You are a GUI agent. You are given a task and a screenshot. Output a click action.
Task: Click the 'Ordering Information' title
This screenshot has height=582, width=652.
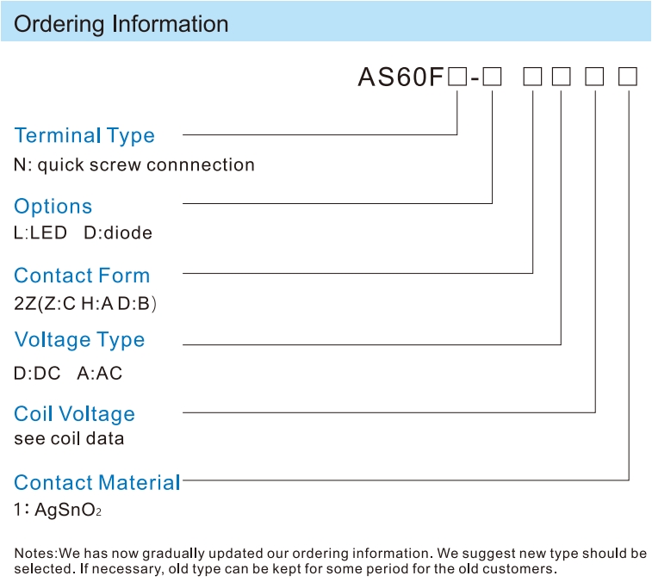[121, 24]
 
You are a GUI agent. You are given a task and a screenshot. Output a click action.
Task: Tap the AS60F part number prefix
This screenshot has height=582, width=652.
[401, 77]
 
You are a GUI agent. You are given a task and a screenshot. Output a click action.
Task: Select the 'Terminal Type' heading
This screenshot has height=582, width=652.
[84, 136]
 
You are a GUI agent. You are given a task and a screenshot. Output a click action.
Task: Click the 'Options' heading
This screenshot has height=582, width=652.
[53, 207]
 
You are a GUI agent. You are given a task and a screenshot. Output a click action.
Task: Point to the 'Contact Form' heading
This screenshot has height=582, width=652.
[82, 276]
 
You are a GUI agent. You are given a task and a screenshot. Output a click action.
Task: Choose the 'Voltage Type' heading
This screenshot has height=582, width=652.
[79, 340]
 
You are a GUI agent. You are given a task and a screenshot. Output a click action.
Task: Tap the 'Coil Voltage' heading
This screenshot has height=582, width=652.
[74, 414]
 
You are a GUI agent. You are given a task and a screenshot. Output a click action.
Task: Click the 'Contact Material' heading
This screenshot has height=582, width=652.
[97, 483]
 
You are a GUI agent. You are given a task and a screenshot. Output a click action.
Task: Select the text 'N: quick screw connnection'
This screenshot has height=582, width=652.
[134, 165]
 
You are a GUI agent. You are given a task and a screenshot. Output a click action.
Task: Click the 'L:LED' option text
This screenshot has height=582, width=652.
[40, 232]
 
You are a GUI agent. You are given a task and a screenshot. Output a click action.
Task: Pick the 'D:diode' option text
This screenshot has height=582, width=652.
[118, 232]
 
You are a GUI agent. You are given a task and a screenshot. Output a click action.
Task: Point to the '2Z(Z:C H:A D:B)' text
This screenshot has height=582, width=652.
[85, 303]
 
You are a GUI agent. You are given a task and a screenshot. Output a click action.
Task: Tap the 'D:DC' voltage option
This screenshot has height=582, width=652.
[37, 374]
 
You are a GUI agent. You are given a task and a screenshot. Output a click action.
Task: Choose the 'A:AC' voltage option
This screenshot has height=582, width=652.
[100, 374]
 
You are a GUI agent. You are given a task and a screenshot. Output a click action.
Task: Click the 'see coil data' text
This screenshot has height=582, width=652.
[69, 439]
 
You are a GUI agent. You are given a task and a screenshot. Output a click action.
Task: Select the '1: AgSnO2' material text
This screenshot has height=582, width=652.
[58, 510]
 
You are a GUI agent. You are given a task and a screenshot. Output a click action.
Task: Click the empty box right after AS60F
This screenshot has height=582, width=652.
[457, 77]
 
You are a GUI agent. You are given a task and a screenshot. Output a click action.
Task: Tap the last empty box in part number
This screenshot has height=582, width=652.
[628, 77]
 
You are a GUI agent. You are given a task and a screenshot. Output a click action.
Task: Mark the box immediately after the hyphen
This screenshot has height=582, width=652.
[493, 77]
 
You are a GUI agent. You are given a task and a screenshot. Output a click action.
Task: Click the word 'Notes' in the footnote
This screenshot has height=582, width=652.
[34, 554]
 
